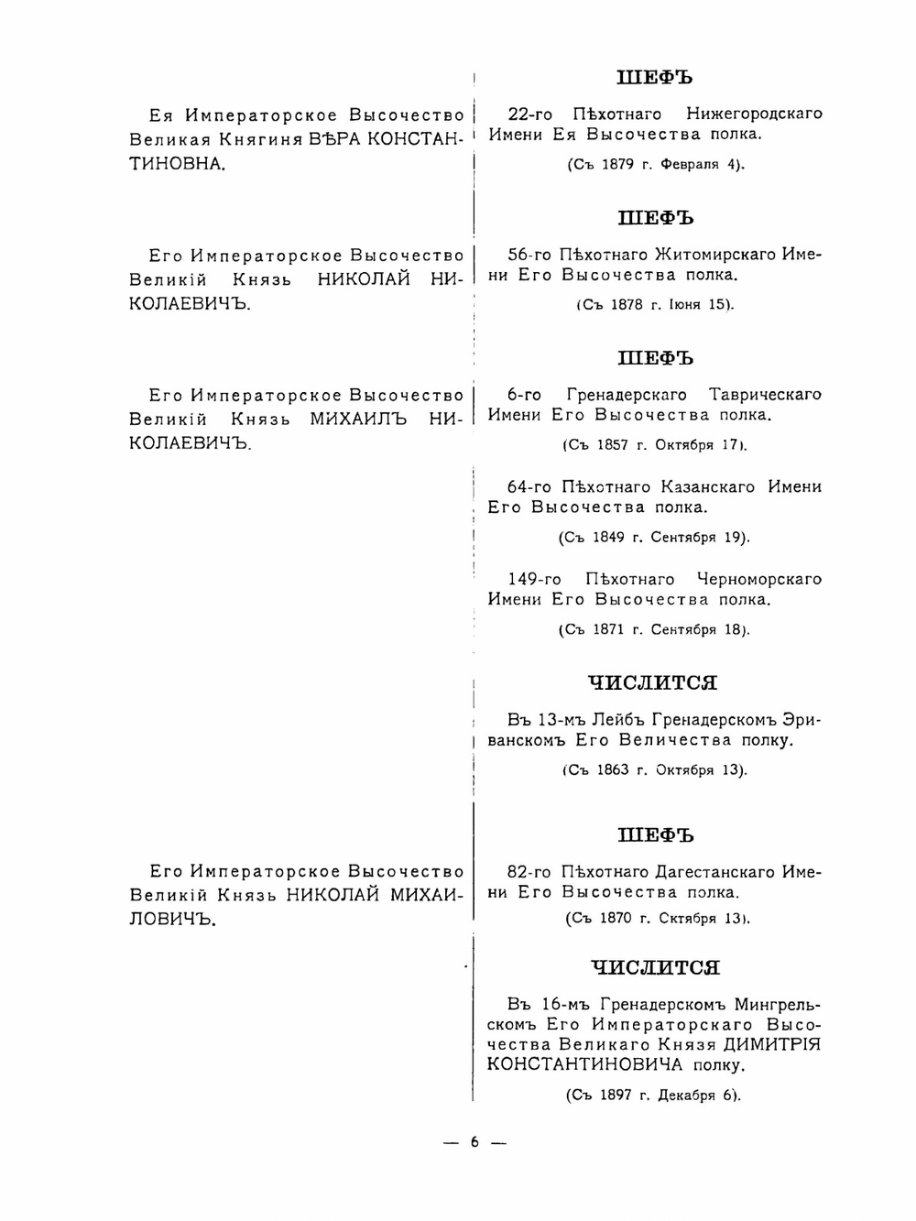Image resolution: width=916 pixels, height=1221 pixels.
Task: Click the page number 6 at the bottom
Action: (x=474, y=1141)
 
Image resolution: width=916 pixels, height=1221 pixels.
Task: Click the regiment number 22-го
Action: (x=530, y=114)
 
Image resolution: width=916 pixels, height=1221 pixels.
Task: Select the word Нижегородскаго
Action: (x=754, y=114)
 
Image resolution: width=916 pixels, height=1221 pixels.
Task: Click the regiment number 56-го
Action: (x=530, y=255)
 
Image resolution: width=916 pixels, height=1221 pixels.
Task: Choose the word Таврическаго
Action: (x=765, y=395)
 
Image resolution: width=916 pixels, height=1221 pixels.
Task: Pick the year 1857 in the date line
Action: (x=612, y=445)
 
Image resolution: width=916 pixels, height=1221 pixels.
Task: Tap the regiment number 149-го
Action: (x=535, y=580)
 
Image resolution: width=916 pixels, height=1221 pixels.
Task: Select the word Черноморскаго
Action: (x=759, y=580)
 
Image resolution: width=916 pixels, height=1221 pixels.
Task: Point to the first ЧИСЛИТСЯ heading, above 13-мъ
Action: (x=652, y=683)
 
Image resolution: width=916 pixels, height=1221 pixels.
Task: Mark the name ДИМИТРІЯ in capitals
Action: (x=772, y=1045)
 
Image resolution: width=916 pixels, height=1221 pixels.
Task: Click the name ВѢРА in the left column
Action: (x=335, y=140)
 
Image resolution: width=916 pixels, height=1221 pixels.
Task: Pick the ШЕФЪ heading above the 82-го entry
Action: (x=656, y=836)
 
